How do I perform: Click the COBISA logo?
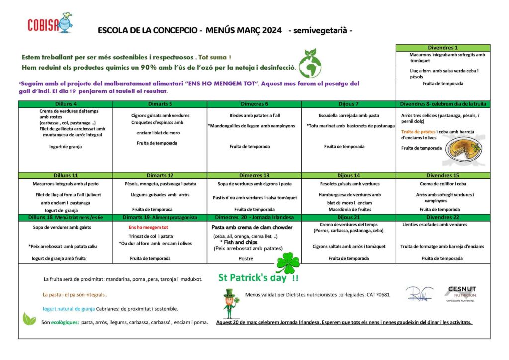click(50, 23)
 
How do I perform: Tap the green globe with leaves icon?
click(310, 63)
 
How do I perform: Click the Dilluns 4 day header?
click(65, 104)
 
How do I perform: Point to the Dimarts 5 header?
click(160, 104)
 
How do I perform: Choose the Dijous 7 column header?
click(348, 104)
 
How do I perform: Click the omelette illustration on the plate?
click(463, 149)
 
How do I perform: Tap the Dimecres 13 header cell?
click(254, 175)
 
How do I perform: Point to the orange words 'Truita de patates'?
click(418, 132)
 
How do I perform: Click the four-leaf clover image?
click(288, 262)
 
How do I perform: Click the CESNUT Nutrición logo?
click(461, 293)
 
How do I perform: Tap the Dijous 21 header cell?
click(348, 218)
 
